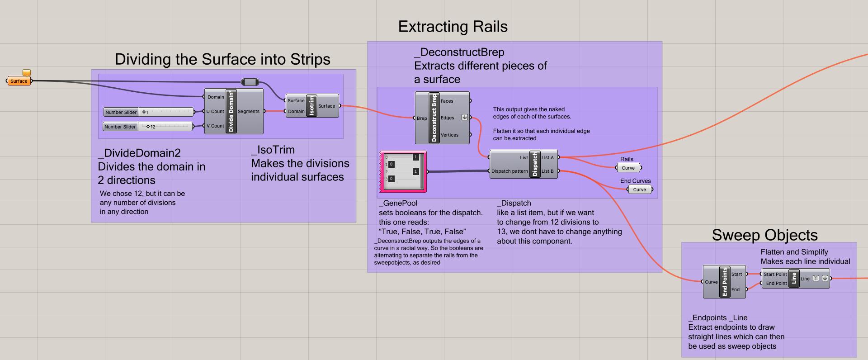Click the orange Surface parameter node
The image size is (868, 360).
pos(19,81)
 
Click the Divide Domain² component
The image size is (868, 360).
pos(231,111)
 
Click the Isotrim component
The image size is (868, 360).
pos(311,106)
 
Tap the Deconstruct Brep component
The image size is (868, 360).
pos(434,118)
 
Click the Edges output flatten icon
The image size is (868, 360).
pos(464,118)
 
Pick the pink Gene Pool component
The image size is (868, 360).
pos(402,172)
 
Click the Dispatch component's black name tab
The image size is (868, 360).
pos(535,164)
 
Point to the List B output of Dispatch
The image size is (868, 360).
pos(547,171)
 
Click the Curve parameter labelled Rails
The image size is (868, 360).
pos(628,168)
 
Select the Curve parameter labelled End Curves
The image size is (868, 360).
pos(640,189)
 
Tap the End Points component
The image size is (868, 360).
pos(724,282)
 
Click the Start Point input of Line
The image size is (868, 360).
pos(775,274)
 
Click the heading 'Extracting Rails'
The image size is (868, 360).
pos(453,27)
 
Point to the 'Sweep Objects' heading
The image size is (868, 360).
pos(764,235)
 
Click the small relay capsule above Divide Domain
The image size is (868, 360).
pos(250,82)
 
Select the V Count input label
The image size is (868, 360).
pos(215,126)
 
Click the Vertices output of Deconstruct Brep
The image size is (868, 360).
pos(449,135)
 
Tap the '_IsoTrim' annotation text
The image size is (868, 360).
pos(273,150)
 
